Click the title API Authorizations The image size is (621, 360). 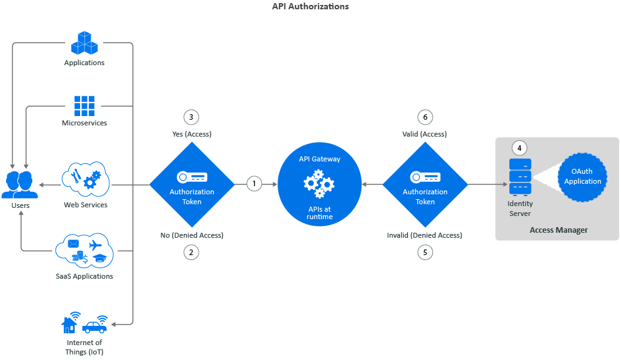click(x=310, y=7)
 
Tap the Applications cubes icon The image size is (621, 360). click(x=84, y=42)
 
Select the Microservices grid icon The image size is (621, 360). click(x=84, y=106)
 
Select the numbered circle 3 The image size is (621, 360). click(x=191, y=117)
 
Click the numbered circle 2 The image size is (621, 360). click(x=191, y=252)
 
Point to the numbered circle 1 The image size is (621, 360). click(x=253, y=184)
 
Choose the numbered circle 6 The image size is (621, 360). click(x=425, y=117)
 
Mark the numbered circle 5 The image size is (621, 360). click(x=425, y=252)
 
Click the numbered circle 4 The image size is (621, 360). click(x=520, y=148)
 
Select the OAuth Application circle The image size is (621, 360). click(x=582, y=177)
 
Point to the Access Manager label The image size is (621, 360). click(x=558, y=230)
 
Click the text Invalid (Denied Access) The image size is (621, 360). click(x=425, y=235)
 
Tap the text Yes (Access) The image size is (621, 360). click(x=191, y=134)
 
